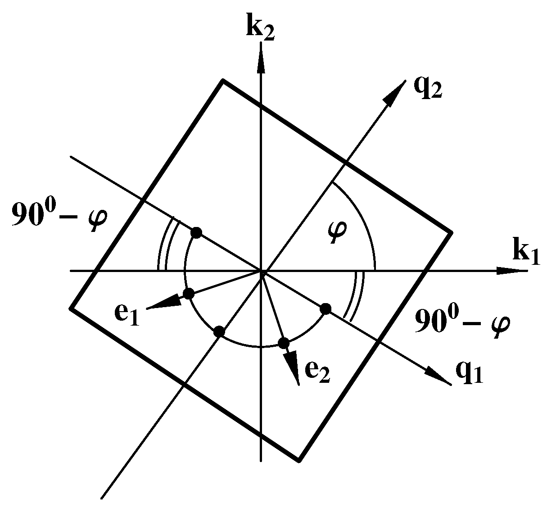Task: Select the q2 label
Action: coord(428,87)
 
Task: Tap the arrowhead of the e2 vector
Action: coord(294,372)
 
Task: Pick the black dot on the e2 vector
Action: coord(283,343)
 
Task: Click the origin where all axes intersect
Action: coord(261,271)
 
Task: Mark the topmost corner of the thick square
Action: coord(222,80)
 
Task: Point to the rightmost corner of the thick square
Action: coord(451,232)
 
